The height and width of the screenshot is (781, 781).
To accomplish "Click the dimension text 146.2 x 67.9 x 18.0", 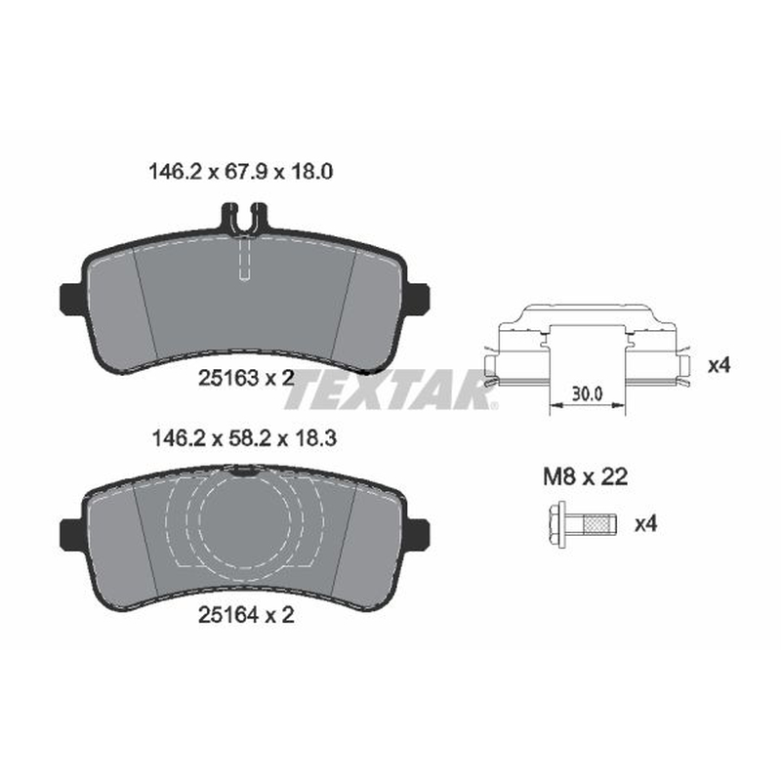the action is point(240,172).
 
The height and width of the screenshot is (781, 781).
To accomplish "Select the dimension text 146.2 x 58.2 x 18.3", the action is point(244,438).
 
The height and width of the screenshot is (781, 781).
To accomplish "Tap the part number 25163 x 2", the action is point(246,378).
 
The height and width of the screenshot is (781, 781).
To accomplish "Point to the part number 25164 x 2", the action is point(246,615).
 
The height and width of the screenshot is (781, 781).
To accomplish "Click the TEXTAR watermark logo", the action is point(390,389).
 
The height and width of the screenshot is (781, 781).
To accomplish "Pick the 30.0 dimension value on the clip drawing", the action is point(587,394).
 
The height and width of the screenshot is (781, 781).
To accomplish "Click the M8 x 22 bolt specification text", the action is point(585,477).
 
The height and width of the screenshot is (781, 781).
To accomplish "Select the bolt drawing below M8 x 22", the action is point(582,525).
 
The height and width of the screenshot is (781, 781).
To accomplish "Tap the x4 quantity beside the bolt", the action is point(645,524).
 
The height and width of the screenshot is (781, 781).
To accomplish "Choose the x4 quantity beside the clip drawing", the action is point(719,365).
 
